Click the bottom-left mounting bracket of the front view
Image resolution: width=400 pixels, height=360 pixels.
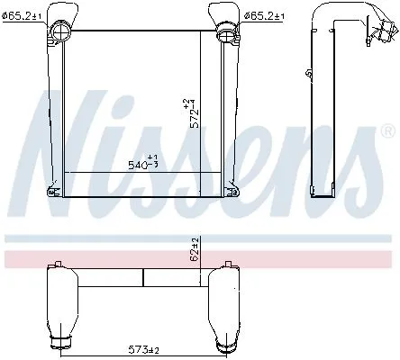pyautogui.click(x=55, y=191)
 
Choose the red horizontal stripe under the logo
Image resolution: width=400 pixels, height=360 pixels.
pyautogui.click(x=200, y=259)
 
